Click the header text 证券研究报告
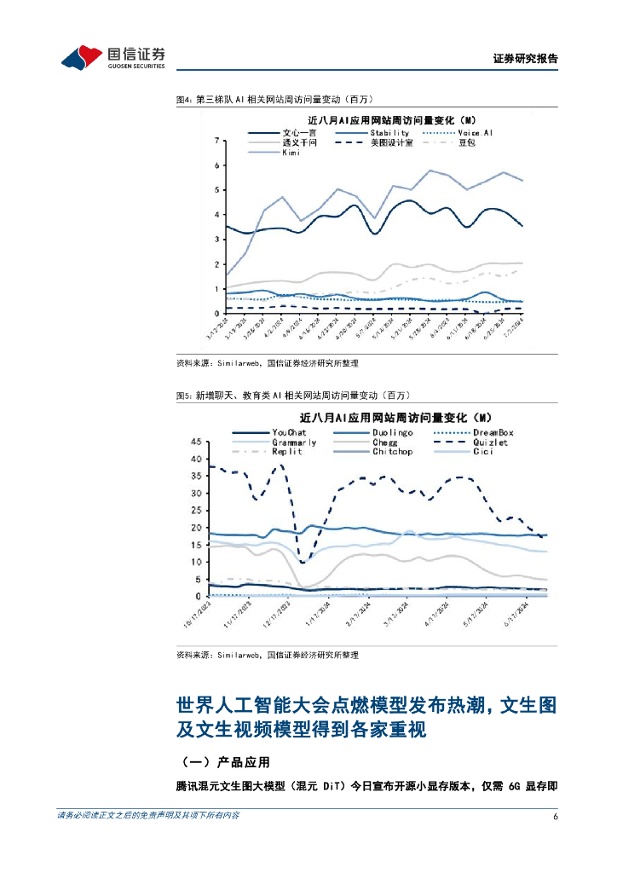(x=526, y=60)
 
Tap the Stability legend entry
(x=389, y=133)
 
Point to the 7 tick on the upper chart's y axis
(x=217, y=140)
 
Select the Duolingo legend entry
(x=392, y=433)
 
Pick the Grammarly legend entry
(x=294, y=442)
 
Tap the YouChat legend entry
(x=289, y=433)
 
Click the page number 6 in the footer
(x=556, y=817)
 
